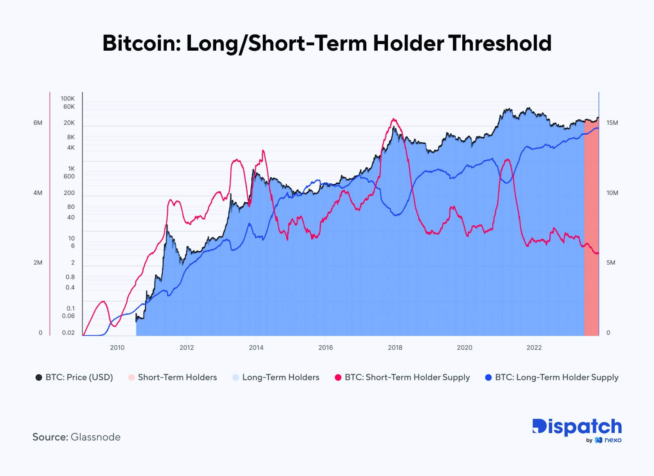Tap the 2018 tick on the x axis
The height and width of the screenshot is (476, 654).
click(395, 348)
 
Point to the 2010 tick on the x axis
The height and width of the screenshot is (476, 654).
click(117, 348)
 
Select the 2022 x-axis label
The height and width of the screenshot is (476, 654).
click(534, 348)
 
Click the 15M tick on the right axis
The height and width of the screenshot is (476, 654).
click(612, 123)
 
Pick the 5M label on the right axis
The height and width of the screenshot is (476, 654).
click(611, 263)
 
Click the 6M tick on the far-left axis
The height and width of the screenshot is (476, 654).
click(38, 123)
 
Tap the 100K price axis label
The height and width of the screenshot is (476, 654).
click(68, 98)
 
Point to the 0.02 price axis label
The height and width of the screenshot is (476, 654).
click(68, 333)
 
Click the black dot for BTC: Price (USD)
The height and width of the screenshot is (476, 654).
click(39, 378)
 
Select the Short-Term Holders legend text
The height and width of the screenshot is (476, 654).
click(177, 378)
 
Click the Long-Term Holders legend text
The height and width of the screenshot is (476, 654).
click(281, 378)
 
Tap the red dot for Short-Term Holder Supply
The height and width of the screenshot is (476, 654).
click(338, 378)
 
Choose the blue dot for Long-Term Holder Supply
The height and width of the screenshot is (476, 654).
click(488, 378)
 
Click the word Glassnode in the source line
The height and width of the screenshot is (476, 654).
click(96, 437)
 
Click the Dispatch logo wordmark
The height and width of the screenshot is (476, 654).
click(577, 427)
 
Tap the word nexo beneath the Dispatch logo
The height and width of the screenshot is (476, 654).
click(613, 440)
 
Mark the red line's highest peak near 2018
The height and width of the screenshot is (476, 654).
click(394, 119)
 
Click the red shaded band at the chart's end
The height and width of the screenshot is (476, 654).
click(591, 229)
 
